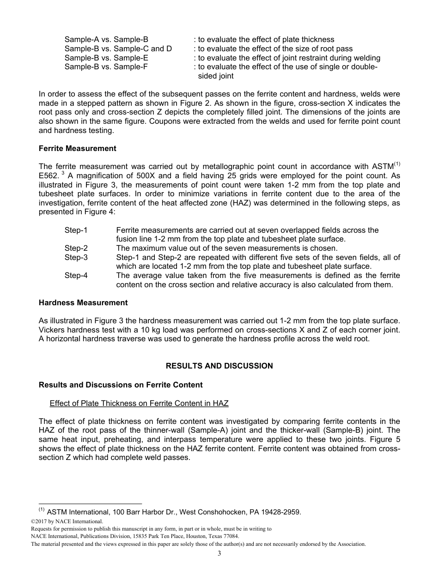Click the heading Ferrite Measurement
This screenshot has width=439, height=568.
pyautogui.click(x=77, y=149)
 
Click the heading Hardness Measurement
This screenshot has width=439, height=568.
pyautogui.click(x=83, y=303)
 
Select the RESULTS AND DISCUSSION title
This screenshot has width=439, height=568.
pyautogui.click(x=219, y=366)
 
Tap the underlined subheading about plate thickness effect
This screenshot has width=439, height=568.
pyautogui.click(x=139, y=403)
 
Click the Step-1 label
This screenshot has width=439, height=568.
pyautogui.click(x=76, y=230)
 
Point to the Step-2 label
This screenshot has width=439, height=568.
pyautogui.click(x=76, y=248)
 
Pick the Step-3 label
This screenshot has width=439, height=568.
pyautogui.click(x=76, y=257)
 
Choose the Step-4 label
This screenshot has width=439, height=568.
pyautogui.click(x=76, y=275)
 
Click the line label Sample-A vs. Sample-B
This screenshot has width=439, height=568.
pyautogui.click(x=106, y=40)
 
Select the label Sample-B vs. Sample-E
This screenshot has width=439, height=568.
pyautogui.click(x=106, y=58)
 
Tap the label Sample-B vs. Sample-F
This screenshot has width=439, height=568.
pyautogui.click(x=106, y=67)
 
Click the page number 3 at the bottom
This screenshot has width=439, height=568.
pyautogui.click(x=219, y=554)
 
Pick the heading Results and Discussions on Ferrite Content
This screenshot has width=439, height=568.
pyautogui.click(x=121, y=385)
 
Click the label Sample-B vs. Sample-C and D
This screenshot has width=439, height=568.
pyautogui.click(x=118, y=49)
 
